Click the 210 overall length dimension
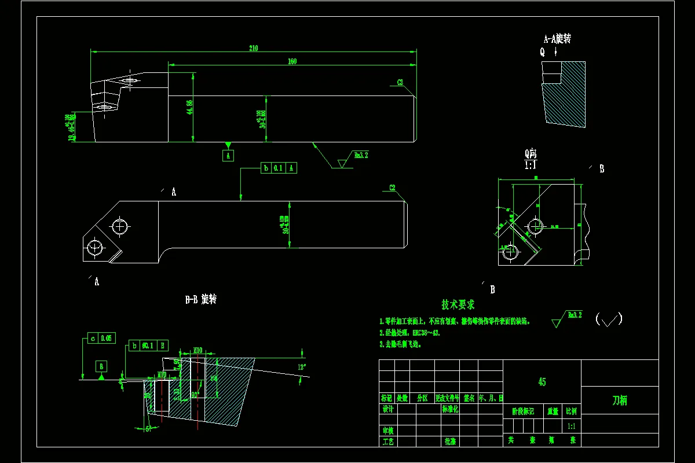253,48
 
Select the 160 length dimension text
292,61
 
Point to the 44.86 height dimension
189,107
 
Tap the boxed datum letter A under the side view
228,156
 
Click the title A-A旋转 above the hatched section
557,39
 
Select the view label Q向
531,153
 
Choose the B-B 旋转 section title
200,300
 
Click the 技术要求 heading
458,304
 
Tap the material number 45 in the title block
542,382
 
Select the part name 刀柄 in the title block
620,400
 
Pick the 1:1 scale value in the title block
572,427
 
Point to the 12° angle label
301,368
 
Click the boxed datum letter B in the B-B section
102,366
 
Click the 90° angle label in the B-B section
195,395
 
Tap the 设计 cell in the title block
388,409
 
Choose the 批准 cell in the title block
450,441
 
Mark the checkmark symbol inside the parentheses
609,320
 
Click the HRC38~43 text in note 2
426,333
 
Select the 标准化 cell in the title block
450,409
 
